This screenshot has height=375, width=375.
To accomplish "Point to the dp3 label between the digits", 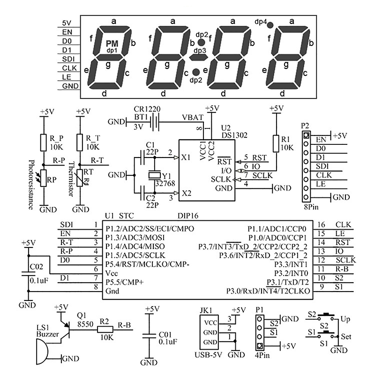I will (x=200, y=51).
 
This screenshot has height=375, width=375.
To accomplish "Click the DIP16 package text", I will (x=188, y=216).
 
